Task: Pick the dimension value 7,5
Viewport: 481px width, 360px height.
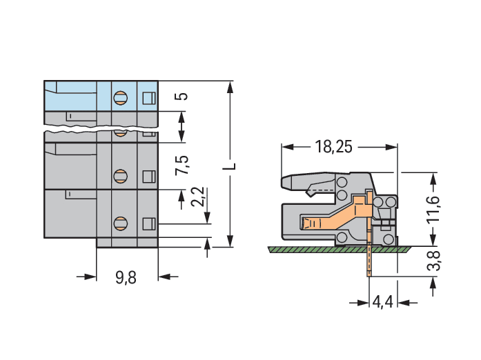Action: pyautogui.click(x=182, y=166)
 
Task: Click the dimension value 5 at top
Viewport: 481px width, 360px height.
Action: pyautogui.click(x=181, y=95)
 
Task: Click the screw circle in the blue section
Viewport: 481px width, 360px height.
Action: pyautogui.click(x=120, y=97)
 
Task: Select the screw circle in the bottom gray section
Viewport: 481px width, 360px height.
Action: pyautogui.click(x=120, y=223)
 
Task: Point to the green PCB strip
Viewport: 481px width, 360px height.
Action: pyautogui.click(x=331, y=248)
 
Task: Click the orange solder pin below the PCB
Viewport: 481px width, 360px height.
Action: pyautogui.click(x=369, y=262)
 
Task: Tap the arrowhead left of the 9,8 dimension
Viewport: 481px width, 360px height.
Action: pyautogui.click(x=90, y=277)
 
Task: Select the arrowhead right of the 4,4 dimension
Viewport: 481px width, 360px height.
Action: pyautogui.click(x=403, y=302)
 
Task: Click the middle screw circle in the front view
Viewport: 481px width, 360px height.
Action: pyautogui.click(x=120, y=174)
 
